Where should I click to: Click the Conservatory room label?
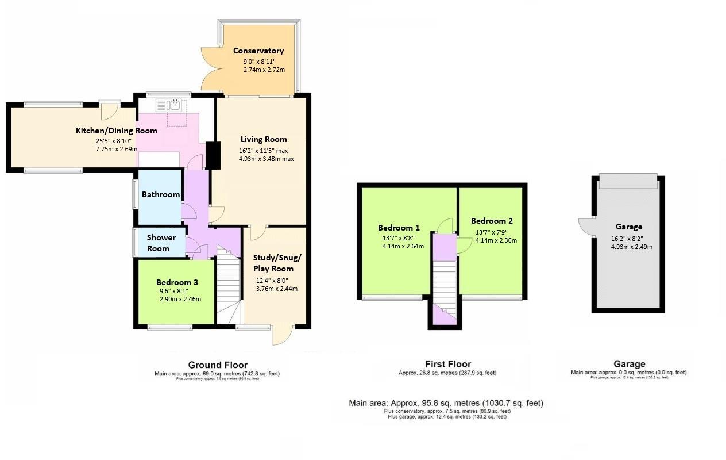(x=258, y=51)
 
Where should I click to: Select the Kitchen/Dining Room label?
(x=117, y=131)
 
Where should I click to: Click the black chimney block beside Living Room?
(x=213, y=155)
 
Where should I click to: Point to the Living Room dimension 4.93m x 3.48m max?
(x=267, y=159)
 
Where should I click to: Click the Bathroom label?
(x=161, y=194)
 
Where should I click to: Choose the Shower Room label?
(x=161, y=243)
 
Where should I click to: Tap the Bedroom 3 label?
(x=177, y=282)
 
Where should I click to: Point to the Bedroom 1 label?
(x=399, y=227)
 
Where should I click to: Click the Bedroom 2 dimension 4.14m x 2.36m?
(x=496, y=241)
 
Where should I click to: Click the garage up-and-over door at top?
(x=628, y=181)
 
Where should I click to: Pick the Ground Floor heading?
(x=218, y=365)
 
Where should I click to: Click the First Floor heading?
(x=447, y=364)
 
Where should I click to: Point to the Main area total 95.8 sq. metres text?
(x=446, y=403)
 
